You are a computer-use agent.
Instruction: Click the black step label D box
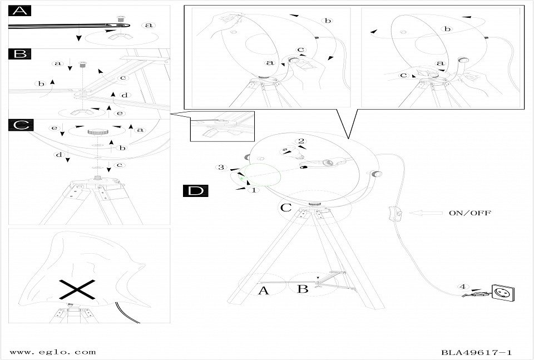tap(195, 191)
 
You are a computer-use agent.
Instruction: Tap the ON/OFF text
tap(469, 213)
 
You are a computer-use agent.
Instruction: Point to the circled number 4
tap(463, 287)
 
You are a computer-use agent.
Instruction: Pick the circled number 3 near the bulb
tap(221, 167)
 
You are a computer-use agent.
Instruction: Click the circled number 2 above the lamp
tap(301, 141)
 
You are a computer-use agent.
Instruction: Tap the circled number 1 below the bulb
tap(254, 190)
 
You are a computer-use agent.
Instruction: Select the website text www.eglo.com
tap(53, 352)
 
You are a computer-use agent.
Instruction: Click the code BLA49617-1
tap(477, 352)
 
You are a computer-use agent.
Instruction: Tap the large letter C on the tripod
tap(285, 208)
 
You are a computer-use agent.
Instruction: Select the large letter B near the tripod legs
tap(303, 289)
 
